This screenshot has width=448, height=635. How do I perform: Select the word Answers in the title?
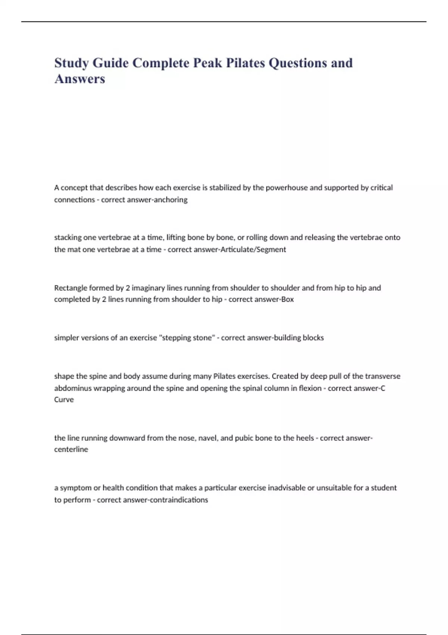pos(80,79)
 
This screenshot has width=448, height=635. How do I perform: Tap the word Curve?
pos(64,400)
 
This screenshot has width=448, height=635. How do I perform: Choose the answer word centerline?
pos(71,449)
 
